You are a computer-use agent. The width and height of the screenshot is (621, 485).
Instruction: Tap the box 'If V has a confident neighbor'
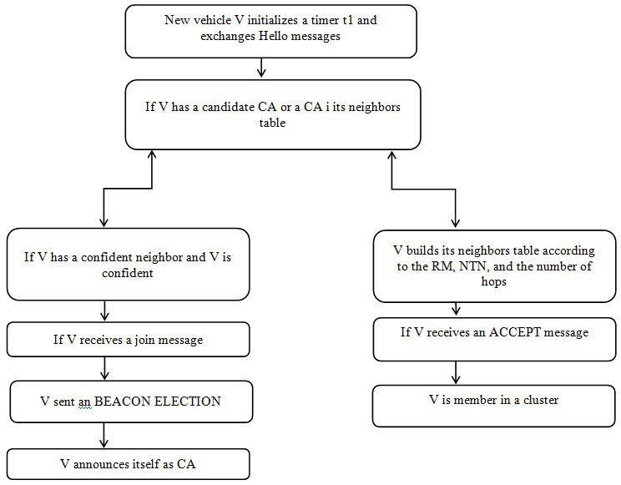128,265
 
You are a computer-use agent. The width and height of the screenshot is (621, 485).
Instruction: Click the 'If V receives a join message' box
128,339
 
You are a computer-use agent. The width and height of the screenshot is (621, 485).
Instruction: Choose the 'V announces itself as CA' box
128,463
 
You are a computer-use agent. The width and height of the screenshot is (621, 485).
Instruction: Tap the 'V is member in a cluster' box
494,401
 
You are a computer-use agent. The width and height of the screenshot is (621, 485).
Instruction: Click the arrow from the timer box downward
263,68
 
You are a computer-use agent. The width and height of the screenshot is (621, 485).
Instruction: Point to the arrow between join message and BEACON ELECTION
103,368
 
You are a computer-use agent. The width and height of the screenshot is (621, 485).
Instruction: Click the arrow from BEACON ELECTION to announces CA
103,435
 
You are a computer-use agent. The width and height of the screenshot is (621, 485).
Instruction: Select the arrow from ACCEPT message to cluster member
456,371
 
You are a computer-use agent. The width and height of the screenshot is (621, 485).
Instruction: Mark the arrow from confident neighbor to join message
103,311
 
